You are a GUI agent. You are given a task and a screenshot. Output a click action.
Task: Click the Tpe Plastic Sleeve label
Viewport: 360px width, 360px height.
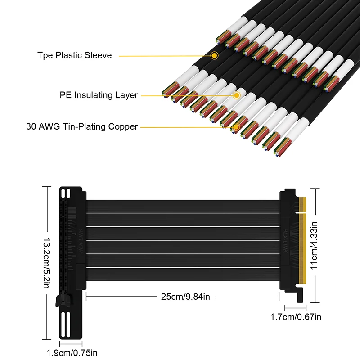[74, 55]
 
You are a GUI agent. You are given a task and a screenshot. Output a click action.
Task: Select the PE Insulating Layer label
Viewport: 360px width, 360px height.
[99, 95]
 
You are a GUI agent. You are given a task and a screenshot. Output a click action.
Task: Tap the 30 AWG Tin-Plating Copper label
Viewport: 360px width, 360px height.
[82, 126]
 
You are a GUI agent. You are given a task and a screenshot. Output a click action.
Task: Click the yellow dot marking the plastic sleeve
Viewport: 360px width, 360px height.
[215, 55]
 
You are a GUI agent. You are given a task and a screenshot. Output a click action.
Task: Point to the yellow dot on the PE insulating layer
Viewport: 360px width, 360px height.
[236, 95]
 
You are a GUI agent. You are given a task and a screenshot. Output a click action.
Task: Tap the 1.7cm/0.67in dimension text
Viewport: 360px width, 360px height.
[296, 317]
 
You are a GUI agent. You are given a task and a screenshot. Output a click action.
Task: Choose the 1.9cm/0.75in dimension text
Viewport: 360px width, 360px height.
[72, 353]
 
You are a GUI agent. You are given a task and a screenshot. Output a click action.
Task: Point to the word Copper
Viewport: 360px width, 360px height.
[123, 126]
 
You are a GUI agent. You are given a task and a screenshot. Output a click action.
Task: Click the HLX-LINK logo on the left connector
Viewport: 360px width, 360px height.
[80, 235]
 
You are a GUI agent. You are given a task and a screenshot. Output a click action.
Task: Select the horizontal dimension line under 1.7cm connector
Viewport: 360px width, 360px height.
[295, 307]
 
